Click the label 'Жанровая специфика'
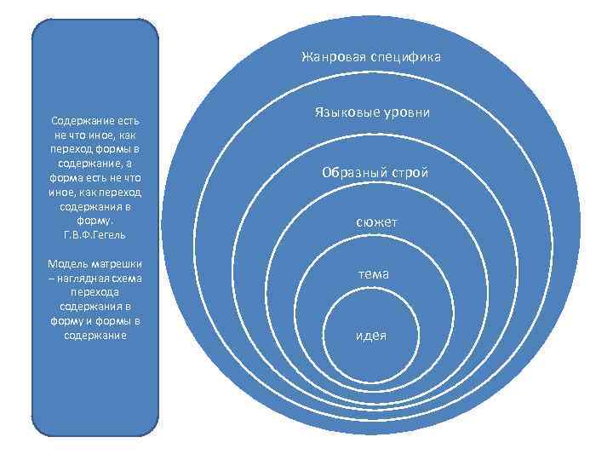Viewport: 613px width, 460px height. tap(370, 57)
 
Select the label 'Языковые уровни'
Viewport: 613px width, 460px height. tap(370, 112)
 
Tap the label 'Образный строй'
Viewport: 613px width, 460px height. tap(375, 172)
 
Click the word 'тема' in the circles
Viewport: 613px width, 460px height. tap(374, 274)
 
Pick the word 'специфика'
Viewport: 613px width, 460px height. tap(406, 57)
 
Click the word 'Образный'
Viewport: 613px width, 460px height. tap(352, 172)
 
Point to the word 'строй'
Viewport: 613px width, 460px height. tap(408, 172)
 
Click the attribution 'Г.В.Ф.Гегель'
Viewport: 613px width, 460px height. tap(95, 233)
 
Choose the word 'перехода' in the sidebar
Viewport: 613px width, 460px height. tap(95, 290)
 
